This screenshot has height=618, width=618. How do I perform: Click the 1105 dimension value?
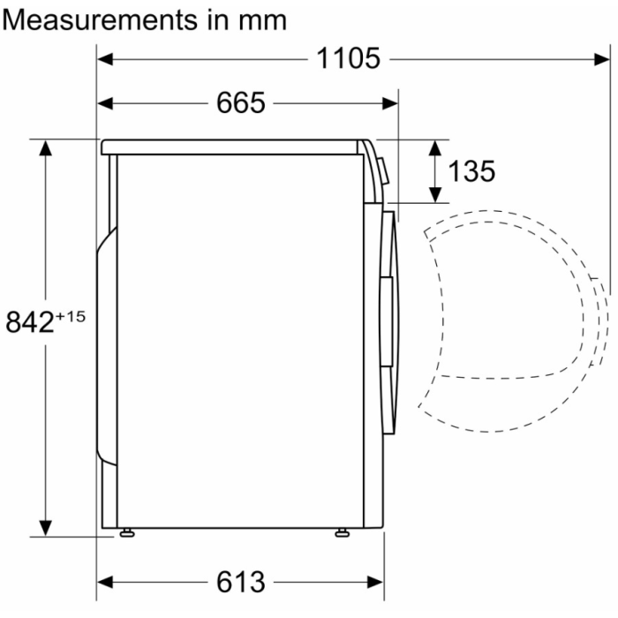348,59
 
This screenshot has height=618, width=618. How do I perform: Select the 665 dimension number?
240,103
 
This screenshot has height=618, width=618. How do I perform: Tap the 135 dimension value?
471,171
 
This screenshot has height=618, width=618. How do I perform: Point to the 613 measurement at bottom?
240,583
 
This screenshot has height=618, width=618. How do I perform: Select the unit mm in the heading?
260,20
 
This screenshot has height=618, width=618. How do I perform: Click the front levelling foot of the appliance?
342,532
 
